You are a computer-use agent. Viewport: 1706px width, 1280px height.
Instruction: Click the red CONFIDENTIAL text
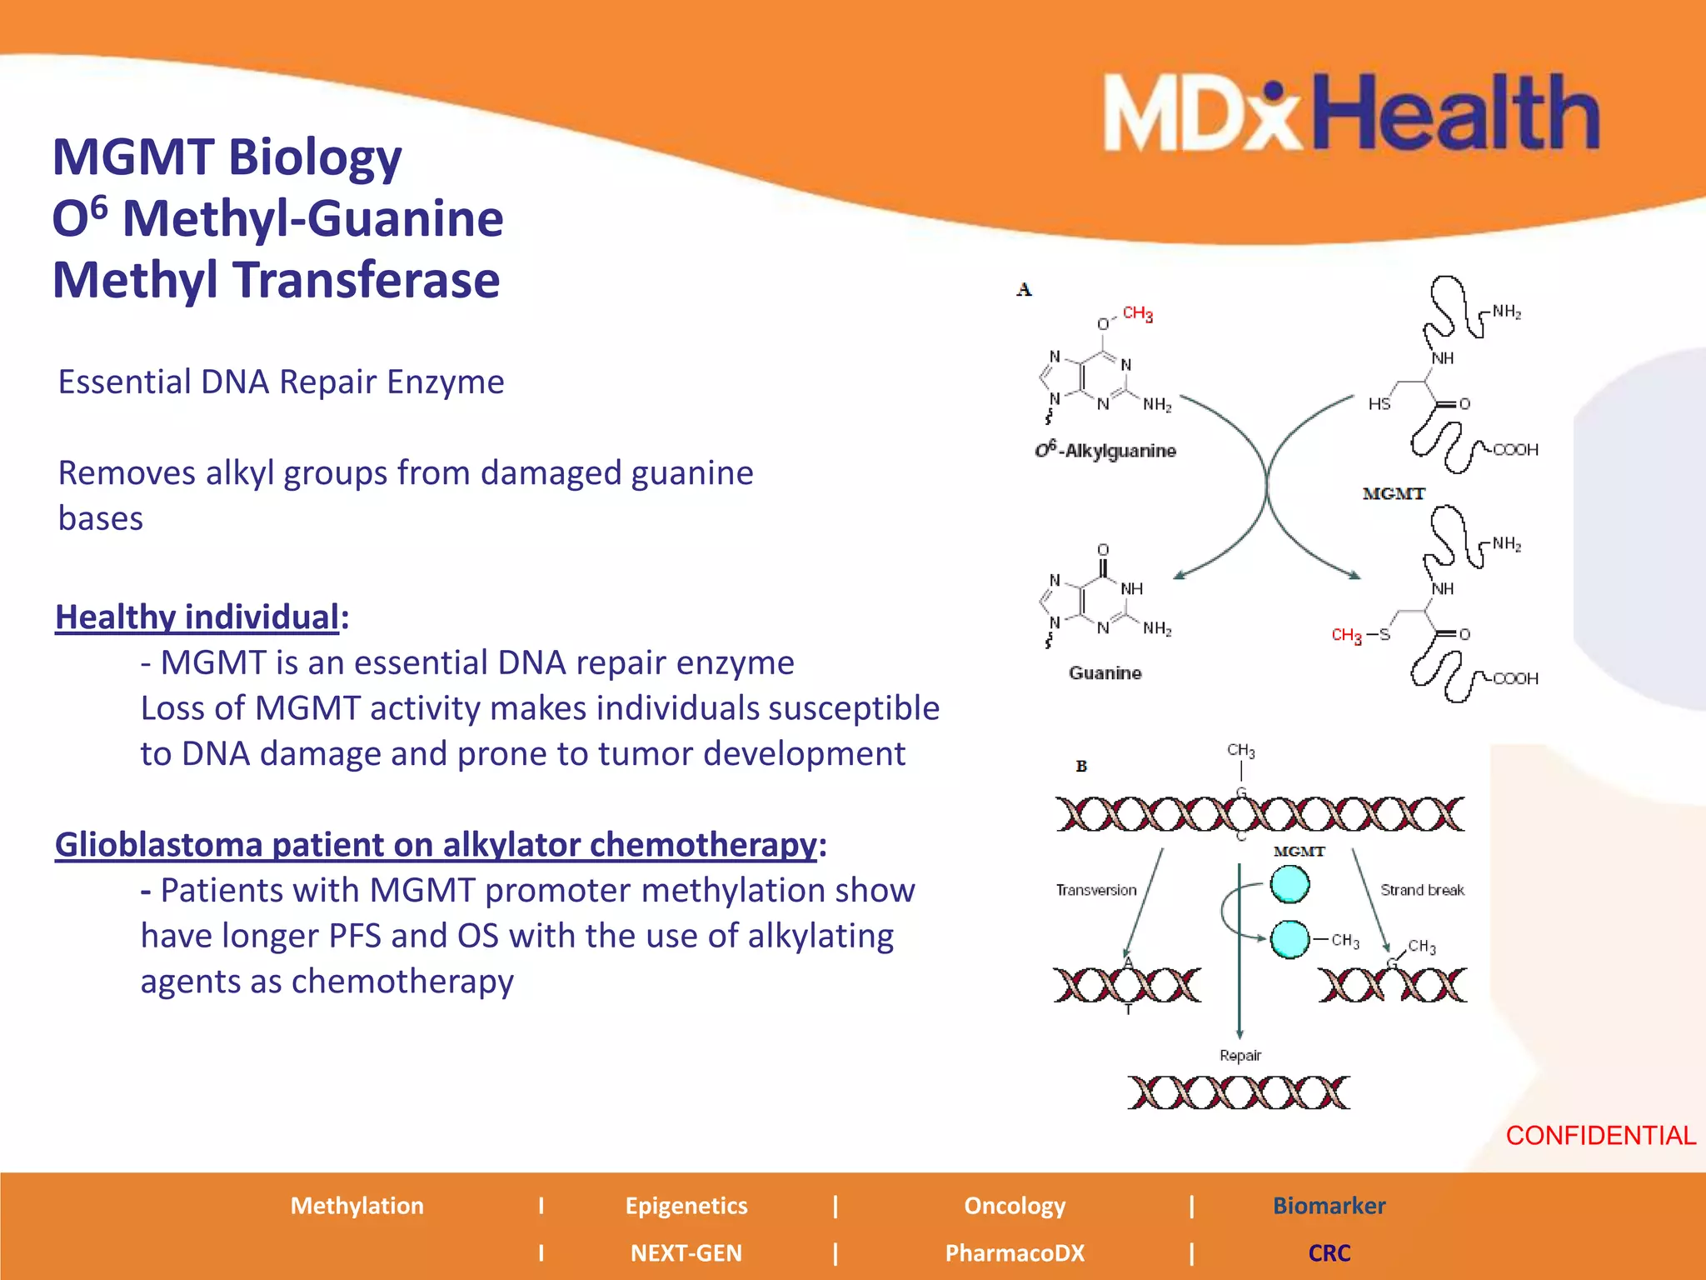[x=1600, y=1135]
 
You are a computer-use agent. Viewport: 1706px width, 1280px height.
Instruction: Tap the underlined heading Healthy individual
[x=197, y=617]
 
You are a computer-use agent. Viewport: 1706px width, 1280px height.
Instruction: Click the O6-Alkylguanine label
[x=1105, y=451]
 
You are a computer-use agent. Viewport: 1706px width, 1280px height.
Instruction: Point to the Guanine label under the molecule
[x=1105, y=672]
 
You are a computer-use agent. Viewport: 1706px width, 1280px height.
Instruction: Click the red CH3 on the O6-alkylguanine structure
[x=1137, y=313]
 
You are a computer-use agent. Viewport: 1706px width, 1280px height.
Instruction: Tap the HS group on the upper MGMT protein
[x=1379, y=404]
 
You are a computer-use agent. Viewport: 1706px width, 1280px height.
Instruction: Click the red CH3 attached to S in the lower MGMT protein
[x=1346, y=635]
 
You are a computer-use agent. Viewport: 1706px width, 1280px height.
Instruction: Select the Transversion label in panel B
[x=1096, y=890]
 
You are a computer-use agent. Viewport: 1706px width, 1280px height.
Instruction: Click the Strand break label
[x=1422, y=890]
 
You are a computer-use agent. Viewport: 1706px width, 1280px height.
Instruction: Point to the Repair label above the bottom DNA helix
[x=1240, y=1055]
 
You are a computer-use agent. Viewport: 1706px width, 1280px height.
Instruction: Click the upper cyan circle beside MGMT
[x=1289, y=885]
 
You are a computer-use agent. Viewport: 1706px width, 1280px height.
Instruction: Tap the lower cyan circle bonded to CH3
[x=1289, y=939]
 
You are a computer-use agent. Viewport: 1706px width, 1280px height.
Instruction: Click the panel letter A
[x=1024, y=289]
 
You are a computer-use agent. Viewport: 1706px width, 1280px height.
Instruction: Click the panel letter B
[x=1081, y=766]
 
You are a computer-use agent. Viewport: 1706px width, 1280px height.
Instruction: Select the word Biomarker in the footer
[x=1329, y=1206]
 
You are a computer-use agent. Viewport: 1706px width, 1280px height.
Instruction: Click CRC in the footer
[x=1329, y=1252]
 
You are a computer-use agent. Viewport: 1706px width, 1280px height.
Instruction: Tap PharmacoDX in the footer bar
[x=1015, y=1252]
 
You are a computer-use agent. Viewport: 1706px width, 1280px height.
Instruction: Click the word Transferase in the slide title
[x=368, y=280]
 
